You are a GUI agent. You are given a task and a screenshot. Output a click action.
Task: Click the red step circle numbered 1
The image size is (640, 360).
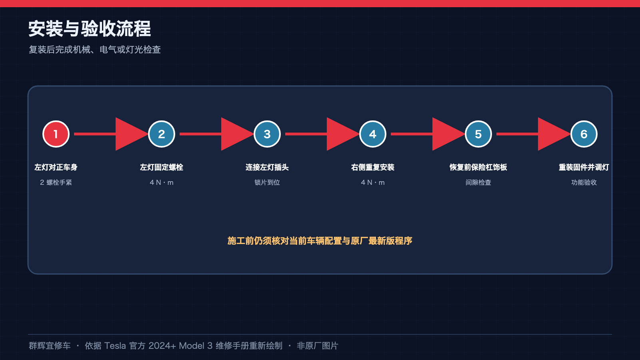tap(56, 134)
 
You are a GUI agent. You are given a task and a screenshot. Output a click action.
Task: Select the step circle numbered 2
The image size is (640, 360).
tap(162, 134)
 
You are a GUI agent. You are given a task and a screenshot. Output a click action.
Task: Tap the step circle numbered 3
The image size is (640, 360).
tap(267, 134)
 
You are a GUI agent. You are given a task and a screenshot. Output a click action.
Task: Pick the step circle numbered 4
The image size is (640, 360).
tap(372, 134)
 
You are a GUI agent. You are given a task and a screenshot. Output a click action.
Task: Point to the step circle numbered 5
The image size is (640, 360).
tap(478, 134)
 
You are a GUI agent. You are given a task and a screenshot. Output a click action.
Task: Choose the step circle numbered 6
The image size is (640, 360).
tap(584, 134)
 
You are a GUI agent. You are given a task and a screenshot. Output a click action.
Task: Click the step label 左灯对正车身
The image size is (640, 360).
tap(56, 167)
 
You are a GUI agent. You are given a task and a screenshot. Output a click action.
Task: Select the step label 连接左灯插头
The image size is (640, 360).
tap(267, 167)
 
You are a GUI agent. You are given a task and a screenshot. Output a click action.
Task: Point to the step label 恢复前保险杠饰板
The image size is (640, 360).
tap(478, 167)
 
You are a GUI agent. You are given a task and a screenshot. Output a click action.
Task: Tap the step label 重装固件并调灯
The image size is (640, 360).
tap(584, 167)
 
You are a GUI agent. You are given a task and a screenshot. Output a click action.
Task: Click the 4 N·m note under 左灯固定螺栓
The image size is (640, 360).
tap(162, 182)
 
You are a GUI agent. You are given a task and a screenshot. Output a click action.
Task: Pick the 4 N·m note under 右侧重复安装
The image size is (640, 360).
tap(372, 182)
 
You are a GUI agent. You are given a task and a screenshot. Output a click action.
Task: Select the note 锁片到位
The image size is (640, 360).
tap(267, 182)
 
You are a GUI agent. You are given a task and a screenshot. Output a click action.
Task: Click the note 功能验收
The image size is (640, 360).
tap(584, 182)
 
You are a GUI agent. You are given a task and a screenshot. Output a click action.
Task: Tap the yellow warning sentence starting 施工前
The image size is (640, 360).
tap(320, 241)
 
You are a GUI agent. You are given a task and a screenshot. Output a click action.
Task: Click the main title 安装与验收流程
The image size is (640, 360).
tap(90, 28)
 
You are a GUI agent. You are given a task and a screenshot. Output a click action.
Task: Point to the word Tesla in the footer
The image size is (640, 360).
tap(115, 346)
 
